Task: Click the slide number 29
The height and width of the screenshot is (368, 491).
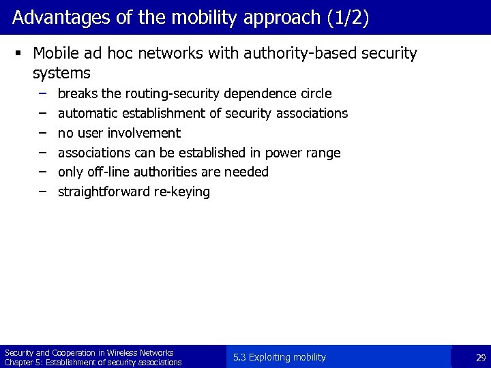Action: [x=480, y=358]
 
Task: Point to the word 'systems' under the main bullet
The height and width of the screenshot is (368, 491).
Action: [x=61, y=72]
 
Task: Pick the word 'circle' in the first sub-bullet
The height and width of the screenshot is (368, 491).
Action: [x=314, y=93]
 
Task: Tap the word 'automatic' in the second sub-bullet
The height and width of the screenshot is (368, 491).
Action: [x=87, y=113]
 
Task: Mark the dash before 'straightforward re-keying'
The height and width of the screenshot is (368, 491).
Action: [x=42, y=191]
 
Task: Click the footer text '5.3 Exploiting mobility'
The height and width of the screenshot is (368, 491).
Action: [x=279, y=357]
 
